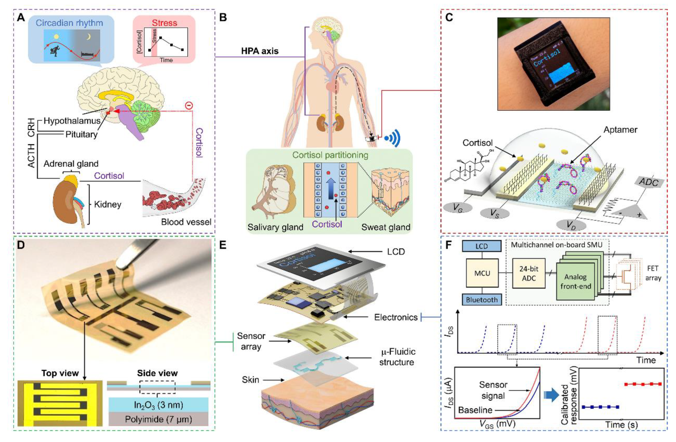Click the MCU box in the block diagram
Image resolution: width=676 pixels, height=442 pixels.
click(482, 273)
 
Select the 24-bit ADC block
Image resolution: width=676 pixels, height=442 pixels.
click(529, 273)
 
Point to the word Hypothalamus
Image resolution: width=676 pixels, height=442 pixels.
click(72, 121)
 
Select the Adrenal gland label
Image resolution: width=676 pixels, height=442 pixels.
click(71, 164)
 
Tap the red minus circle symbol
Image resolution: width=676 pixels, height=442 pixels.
click(189, 106)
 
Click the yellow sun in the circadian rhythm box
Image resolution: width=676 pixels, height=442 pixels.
click(56, 37)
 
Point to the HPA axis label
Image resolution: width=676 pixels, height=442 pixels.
click(260, 51)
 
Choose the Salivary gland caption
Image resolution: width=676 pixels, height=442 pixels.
click(275, 227)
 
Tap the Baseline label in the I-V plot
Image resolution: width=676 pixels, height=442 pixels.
click(475, 410)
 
